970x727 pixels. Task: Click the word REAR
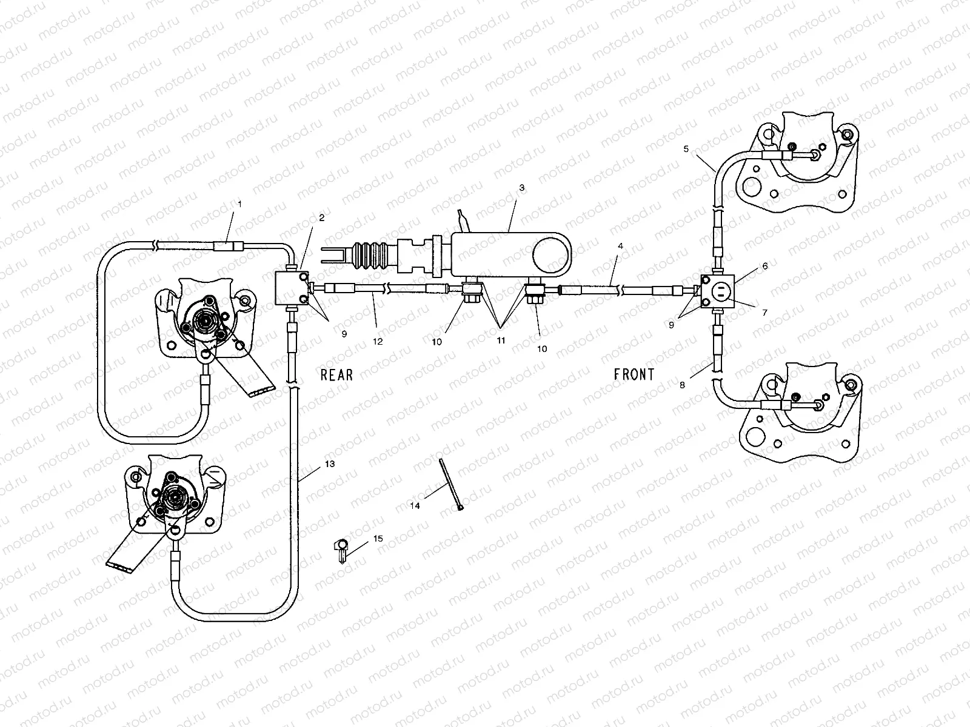[336, 375]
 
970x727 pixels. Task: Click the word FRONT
[634, 375]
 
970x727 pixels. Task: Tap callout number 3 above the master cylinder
[521, 188]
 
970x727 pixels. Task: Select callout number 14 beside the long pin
[415, 506]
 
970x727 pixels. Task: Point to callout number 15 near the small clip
[378, 539]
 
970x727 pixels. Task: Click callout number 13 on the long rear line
[330, 464]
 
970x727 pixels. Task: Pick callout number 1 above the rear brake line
[240, 204]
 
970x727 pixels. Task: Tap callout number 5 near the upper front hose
[686, 149]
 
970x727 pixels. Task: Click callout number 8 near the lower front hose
[682, 385]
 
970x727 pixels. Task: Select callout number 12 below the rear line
[378, 341]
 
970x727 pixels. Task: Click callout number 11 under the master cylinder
[501, 340]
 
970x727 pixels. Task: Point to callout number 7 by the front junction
[764, 313]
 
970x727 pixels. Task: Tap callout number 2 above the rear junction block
[322, 217]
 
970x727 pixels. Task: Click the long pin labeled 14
[451, 484]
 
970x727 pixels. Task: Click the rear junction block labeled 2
[291, 288]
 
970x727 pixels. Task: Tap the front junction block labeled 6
[718, 291]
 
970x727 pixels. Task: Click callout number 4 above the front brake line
[620, 246]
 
